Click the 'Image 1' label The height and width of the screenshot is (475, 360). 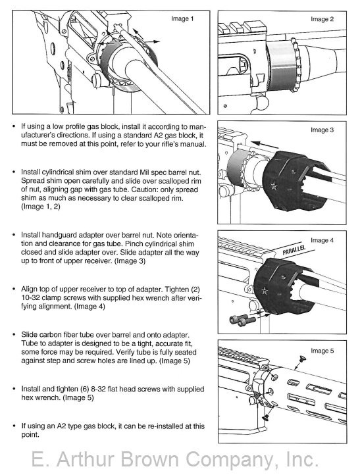point(182,19)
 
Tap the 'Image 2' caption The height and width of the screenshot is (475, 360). point(322,19)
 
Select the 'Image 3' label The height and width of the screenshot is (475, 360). point(322,130)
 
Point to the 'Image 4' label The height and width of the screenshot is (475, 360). point(322,240)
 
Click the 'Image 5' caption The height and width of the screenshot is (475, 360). point(322,351)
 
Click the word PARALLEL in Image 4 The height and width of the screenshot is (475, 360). point(294,249)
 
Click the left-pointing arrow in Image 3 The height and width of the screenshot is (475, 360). point(266,144)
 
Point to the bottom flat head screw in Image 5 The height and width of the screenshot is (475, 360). point(267,417)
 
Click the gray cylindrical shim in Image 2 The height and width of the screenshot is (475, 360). point(280,65)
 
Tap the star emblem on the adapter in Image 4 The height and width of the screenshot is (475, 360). point(265,291)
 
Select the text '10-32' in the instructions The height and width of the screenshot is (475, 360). point(30,297)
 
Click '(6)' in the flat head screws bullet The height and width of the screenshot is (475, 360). point(84,389)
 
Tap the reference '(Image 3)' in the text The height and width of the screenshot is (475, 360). point(130,261)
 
